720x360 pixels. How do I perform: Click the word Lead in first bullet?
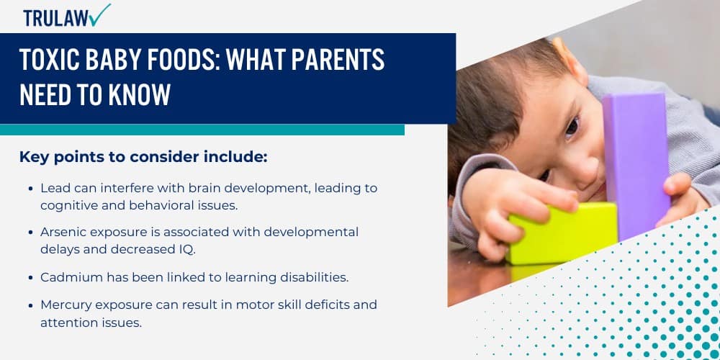click(x=54, y=188)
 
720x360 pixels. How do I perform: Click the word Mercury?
click(x=64, y=305)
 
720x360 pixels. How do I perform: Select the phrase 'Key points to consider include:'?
click(x=143, y=157)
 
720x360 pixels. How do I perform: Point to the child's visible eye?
click(x=571, y=127)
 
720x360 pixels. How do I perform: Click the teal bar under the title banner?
click(x=202, y=130)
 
